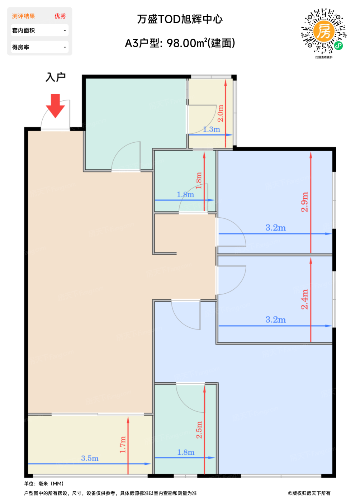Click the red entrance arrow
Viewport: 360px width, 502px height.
[x=55, y=106]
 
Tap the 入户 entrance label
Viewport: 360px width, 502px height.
[x=55, y=77]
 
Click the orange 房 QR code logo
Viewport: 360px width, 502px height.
[x=323, y=31]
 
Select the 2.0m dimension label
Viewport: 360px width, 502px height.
[x=221, y=113]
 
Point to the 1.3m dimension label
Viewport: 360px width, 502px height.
[x=212, y=129]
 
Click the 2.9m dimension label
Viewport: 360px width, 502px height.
[x=304, y=202]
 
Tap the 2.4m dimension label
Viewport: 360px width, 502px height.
[x=304, y=299]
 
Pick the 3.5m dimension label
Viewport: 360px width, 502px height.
[x=90, y=458]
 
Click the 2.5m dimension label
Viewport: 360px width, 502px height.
[x=199, y=430]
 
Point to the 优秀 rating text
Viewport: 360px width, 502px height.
[x=60, y=16]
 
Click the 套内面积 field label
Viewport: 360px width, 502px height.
[x=23, y=30]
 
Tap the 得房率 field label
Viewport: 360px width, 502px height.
[x=21, y=47]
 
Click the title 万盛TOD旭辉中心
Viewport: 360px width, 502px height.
[x=180, y=19]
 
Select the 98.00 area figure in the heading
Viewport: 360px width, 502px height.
[x=181, y=43]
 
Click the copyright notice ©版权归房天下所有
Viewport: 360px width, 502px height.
[x=309, y=493]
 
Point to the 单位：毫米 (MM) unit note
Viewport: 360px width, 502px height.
[x=44, y=484]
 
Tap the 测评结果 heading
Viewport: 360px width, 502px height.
[x=23, y=16]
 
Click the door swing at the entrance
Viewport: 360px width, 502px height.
[x=55, y=114]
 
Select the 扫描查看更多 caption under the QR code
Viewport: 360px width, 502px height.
[x=324, y=57]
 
